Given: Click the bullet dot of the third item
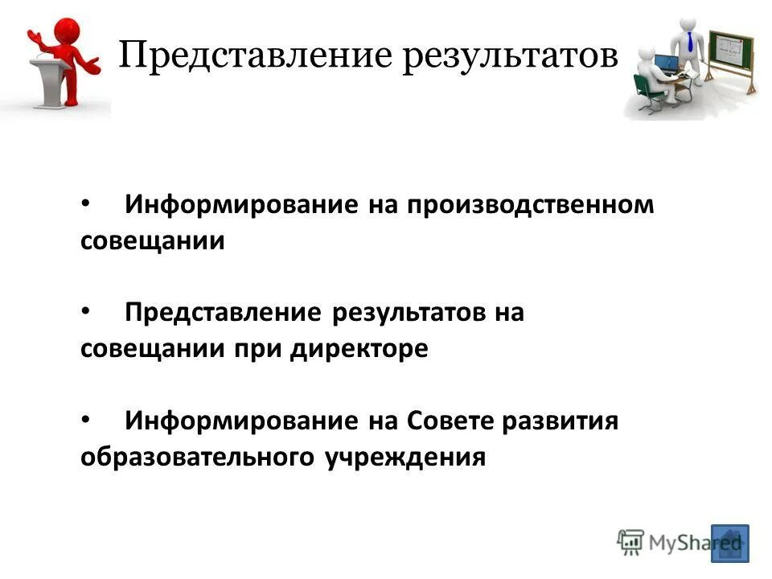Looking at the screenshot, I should tap(87, 419).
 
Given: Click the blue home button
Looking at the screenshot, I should tap(729, 543).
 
